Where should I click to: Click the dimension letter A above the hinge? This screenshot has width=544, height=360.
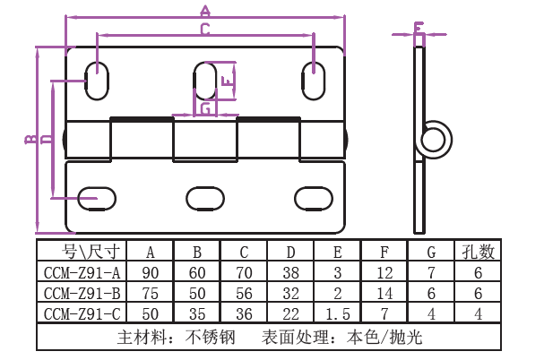pyautogui.click(x=205, y=12)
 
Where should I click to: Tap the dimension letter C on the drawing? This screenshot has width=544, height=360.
pyautogui.click(x=205, y=30)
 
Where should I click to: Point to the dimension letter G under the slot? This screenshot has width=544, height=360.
pyautogui.click(x=205, y=108)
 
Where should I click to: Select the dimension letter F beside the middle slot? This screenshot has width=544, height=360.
pyautogui.click(x=228, y=81)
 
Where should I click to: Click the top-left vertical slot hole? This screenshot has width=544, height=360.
pyautogui.click(x=96, y=80)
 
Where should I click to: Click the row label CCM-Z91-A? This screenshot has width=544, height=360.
pyautogui.click(x=82, y=271)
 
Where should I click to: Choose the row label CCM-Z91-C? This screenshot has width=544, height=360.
pyautogui.click(x=82, y=313)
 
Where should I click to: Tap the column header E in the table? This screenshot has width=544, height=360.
pyautogui.click(x=337, y=251)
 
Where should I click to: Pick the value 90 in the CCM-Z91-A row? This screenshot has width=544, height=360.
pyautogui.click(x=150, y=271)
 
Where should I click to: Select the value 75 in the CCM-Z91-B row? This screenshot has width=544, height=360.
pyautogui.click(x=150, y=293)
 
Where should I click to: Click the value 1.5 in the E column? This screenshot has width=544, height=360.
pyautogui.click(x=337, y=313)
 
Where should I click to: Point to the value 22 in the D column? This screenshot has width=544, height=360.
pyautogui.click(x=290, y=313)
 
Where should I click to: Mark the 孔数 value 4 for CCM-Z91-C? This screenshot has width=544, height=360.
pyautogui.click(x=478, y=313)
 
